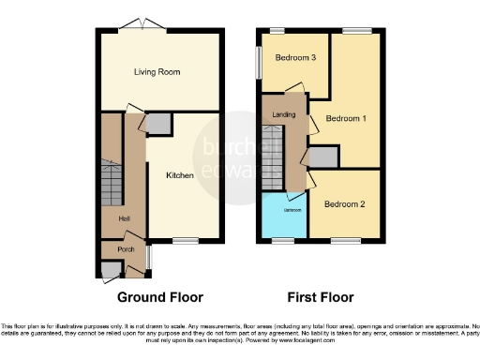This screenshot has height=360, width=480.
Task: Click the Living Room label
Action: coord(157,71)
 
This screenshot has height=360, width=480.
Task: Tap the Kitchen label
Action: coord(180,174)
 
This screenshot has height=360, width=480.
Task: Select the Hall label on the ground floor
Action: coord(124,218)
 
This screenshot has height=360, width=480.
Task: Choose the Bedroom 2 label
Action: coord(344,203)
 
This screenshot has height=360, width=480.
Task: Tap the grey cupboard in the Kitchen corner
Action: coord(158,123)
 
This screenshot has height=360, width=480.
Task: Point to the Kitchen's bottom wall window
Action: coord(185,243)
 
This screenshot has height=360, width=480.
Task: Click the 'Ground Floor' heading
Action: coord(160,297)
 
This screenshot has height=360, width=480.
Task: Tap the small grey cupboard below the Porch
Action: coord(112,270)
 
